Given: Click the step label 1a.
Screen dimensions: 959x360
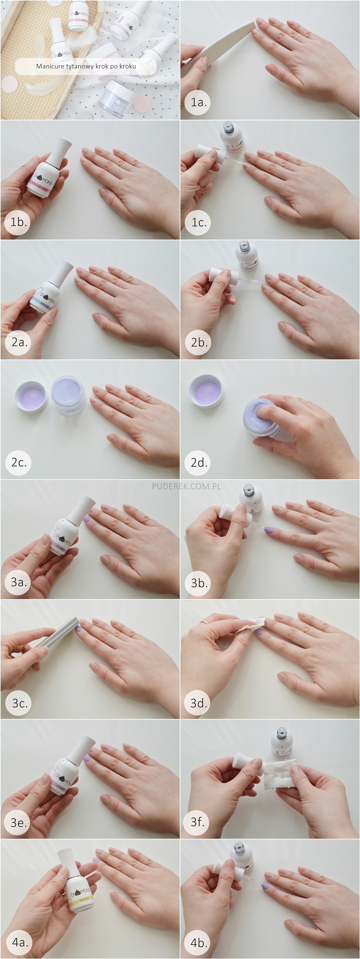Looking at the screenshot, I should point(198,102).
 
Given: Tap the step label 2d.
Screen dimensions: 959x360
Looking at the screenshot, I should point(199,462).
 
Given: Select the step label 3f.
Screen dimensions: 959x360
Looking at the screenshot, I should point(198,821).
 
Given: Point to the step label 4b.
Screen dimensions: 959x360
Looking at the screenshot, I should point(199,943).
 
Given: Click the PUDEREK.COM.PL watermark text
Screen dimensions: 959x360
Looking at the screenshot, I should point(186,486).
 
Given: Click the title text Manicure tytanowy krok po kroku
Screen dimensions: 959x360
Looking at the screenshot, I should point(86,66).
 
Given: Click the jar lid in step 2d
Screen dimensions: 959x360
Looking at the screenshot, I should point(207,392).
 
